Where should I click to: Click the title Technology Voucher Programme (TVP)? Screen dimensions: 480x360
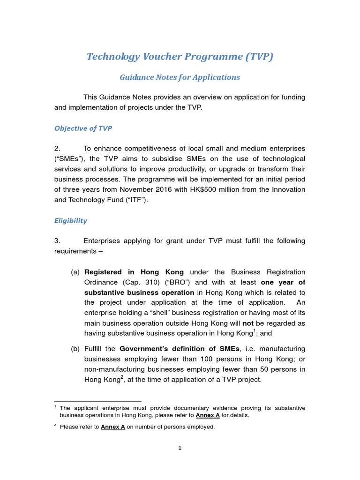coord(180,57)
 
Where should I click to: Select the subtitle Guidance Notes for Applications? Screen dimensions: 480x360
coord(180,77)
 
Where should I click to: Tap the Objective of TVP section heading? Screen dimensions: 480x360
coord(83,128)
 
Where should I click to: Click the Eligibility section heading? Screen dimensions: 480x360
coord(71,220)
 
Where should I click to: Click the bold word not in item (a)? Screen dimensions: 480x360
coord(247,323)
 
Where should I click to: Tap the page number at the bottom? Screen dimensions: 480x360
coord(180,448)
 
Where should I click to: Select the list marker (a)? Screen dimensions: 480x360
coord(75,272)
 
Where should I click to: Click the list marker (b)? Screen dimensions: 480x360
coord(75,349)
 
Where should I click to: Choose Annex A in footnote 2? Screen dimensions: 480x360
coord(113,427)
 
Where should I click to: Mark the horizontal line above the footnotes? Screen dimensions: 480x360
coord(97,402)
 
